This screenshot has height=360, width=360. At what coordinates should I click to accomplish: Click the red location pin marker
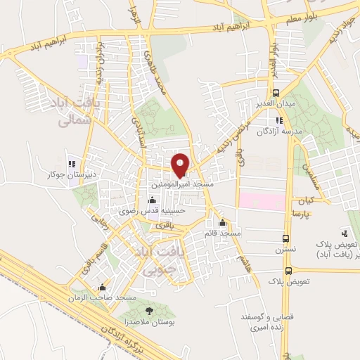tap(181, 165)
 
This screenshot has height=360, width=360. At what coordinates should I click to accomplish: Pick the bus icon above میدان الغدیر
tap(277, 92)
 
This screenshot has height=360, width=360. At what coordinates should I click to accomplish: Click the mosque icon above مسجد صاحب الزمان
tap(103, 287)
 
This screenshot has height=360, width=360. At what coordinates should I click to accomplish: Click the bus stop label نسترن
tap(285, 249)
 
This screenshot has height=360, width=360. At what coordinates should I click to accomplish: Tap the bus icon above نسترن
tap(285, 238)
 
